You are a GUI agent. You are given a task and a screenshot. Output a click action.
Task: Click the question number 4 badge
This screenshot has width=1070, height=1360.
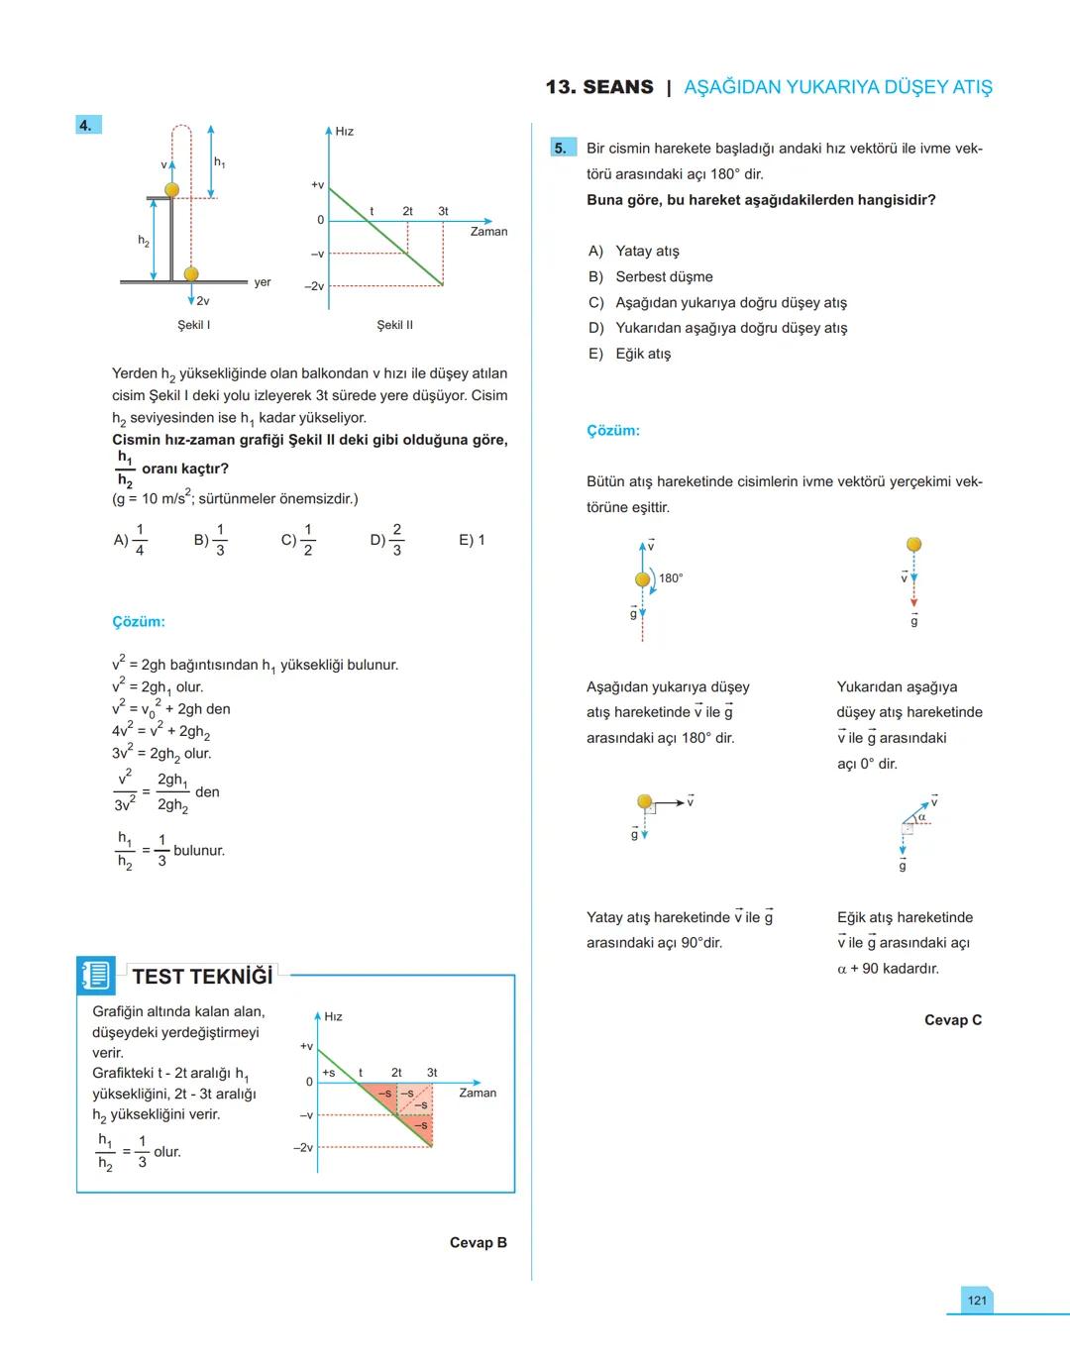point(87,125)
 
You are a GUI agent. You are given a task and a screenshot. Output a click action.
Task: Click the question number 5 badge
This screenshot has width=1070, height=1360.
point(562,149)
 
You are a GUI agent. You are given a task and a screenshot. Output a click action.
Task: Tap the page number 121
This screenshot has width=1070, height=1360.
point(977,1301)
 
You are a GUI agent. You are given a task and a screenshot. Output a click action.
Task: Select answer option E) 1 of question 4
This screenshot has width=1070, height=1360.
point(472,540)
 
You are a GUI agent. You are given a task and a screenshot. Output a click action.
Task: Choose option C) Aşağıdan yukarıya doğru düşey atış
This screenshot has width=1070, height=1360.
point(717,302)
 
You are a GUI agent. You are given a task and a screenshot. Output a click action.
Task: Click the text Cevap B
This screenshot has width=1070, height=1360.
point(478,1242)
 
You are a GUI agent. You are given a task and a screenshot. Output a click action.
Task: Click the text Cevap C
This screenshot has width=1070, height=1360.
point(952,1019)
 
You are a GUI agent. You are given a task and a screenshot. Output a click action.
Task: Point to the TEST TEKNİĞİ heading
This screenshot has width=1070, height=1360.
point(202,977)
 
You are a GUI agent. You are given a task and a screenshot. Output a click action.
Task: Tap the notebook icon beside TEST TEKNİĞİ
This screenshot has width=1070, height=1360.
point(96,976)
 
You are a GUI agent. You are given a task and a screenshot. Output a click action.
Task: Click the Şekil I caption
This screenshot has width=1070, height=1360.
point(194,325)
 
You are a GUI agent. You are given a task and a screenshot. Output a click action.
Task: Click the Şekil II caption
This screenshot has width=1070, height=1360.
point(394,325)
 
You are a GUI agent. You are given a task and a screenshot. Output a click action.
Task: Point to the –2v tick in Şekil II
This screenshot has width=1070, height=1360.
point(314,286)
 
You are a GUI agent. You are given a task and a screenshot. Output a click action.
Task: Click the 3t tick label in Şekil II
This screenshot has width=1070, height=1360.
point(443,211)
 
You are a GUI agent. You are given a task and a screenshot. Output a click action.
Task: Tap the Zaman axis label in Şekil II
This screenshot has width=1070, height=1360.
point(488,232)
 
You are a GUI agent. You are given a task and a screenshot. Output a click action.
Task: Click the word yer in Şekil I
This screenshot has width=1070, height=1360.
point(262,282)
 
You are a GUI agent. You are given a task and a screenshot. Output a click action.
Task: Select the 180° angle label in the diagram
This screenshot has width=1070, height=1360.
point(671,578)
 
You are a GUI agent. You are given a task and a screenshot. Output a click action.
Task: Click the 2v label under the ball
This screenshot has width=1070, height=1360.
point(202,301)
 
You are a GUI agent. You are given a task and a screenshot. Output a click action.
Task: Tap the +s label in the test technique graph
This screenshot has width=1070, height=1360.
point(329,1073)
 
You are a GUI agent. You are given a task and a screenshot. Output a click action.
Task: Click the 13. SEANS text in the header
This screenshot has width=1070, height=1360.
point(598,87)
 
